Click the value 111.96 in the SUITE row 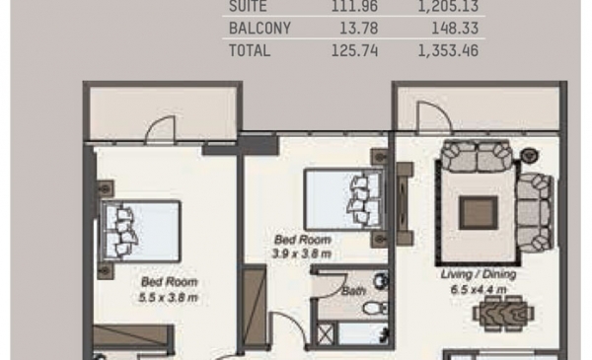(x=354, y=7)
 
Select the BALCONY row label (x=259, y=29)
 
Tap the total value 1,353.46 (x=448, y=50)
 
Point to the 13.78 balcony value (x=359, y=29)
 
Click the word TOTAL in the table (x=250, y=50)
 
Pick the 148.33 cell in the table (x=455, y=29)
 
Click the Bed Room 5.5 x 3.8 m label (x=169, y=289)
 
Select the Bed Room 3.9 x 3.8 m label (x=302, y=247)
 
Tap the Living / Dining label (x=479, y=274)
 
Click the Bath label (x=353, y=291)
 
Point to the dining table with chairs (x=503, y=313)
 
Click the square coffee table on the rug (x=478, y=213)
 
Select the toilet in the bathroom (x=375, y=308)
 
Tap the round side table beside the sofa (x=529, y=155)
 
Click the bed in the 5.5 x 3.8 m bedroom (x=140, y=231)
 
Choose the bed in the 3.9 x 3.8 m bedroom (x=343, y=199)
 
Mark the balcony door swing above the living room (x=434, y=117)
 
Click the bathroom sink (x=381, y=281)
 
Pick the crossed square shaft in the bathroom (x=326, y=334)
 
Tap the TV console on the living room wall (x=404, y=204)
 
